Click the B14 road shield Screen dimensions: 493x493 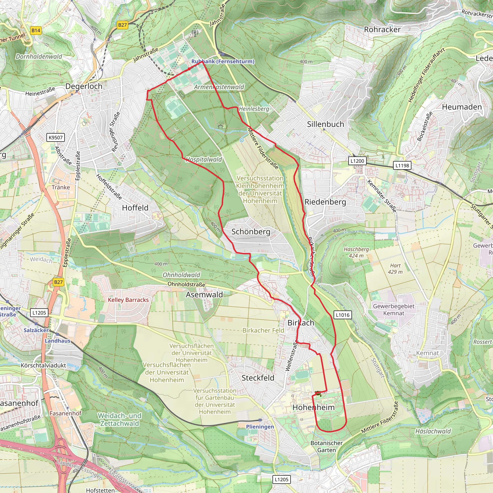36,31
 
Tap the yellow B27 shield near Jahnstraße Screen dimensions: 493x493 123,25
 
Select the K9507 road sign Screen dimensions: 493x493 56,137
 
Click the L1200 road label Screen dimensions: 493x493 357,161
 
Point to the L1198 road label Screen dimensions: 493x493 402,166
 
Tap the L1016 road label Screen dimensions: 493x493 343,315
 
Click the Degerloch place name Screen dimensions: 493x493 84,86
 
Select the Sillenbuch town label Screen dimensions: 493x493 325,124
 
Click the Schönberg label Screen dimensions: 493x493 251,232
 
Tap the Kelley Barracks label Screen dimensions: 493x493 128,300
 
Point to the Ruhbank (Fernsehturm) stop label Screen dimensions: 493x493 223,61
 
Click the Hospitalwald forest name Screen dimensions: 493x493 204,160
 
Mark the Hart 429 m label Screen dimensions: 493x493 395,269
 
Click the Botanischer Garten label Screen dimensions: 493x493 326,446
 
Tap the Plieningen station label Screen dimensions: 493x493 260,427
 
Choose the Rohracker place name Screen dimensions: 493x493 382,30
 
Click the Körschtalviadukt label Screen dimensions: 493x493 43,365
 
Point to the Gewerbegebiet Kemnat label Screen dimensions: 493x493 394,310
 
